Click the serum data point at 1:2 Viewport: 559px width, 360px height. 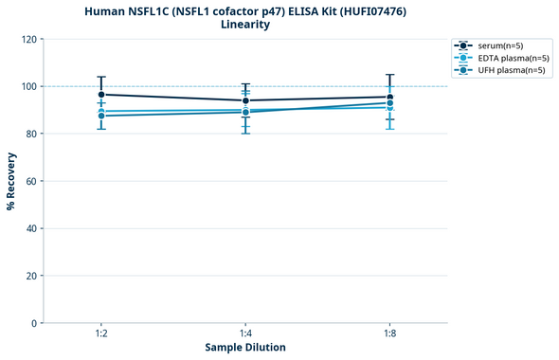click(x=101, y=95)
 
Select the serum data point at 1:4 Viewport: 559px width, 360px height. click(x=245, y=100)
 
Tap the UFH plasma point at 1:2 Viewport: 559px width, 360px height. click(x=101, y=116)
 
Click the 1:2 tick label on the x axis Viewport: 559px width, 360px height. click(x=101, y=333)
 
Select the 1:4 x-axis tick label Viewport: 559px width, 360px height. click(x=245, y=333)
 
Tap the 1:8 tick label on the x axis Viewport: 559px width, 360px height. click(x=389, y=333)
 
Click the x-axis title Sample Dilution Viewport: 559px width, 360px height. click(x=245, y=348)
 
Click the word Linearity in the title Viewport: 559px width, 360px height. click(x=245, y=25)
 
